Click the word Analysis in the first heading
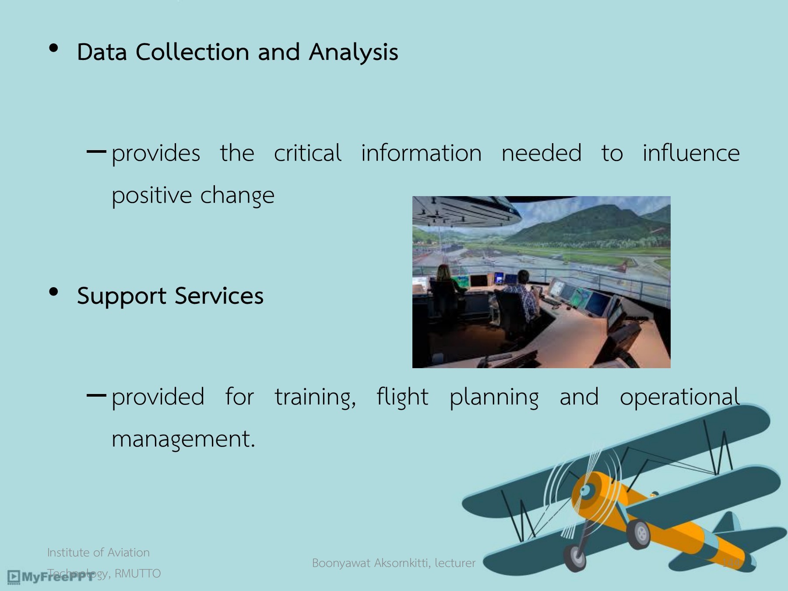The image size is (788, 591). click(x=353, y=53)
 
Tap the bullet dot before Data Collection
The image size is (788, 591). click(x=54, y=48)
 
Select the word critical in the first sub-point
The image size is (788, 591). click(x=307, y=153)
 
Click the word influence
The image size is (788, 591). click(x=691, y=153)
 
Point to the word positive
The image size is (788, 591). click(x=151, y=195)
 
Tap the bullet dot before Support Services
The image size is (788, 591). click(x=54, y=292)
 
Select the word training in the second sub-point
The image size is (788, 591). click(x=314, y=397)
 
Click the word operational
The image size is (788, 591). click(x=679, y=397)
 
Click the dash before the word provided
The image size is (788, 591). click(x=96, y=396)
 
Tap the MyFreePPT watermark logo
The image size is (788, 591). click(x=50, y=577)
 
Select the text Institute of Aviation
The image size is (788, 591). click(x=98, y=552)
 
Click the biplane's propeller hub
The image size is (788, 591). click(x=586, y=491)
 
